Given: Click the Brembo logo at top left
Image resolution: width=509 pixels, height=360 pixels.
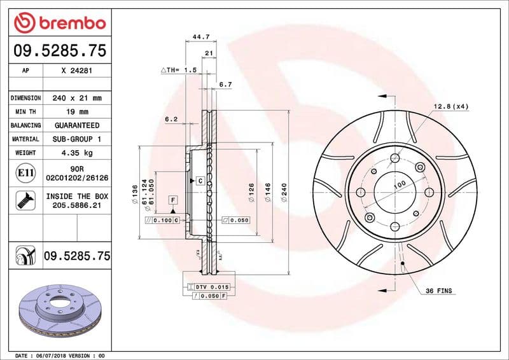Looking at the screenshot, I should tap(59, 24).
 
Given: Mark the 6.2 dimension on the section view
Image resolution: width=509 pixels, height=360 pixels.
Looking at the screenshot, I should tap(171, 119).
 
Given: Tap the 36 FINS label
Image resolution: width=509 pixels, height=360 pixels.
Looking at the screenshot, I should tap(438, 291).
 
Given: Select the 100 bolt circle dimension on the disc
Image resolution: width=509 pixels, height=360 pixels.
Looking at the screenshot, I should tap(399, 184).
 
